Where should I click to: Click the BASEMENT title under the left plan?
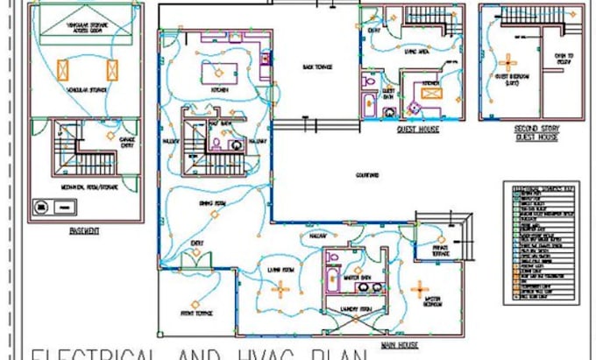pyautogui.click(x=84, y=231)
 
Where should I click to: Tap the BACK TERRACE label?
pyautogui.click(x=317, y=67)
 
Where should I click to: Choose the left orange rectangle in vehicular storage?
pyautogui.click(x=63, y=70)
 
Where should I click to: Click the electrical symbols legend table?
pyautogui.click(x=542, y=242)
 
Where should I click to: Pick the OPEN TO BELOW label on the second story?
pyautogui.click(x=564, y=60)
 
